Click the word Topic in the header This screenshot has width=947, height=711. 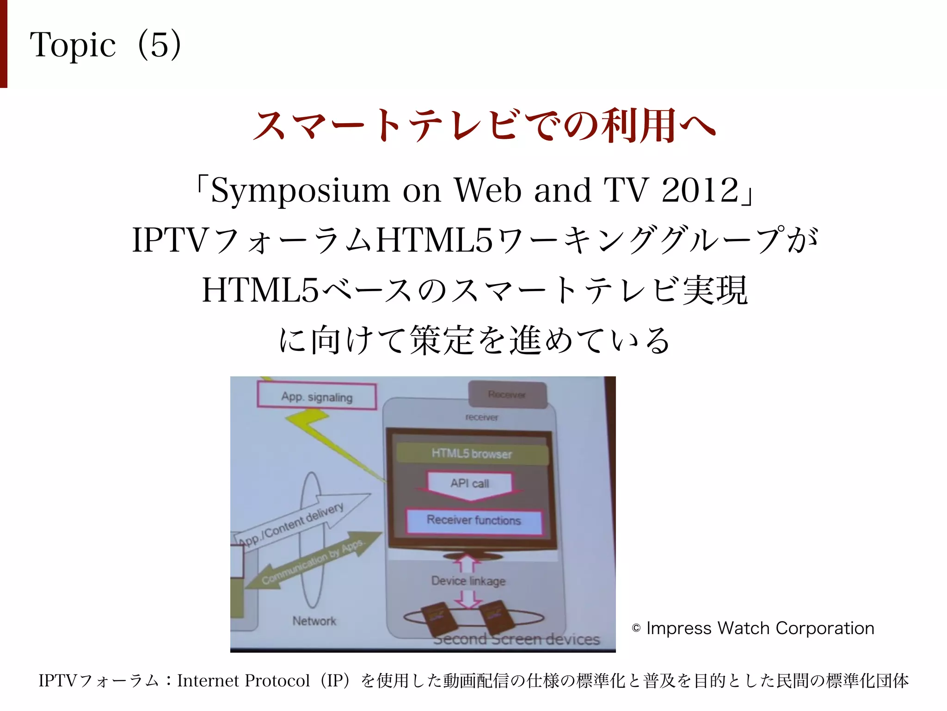point(73,45)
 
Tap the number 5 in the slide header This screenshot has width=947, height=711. point(159,45)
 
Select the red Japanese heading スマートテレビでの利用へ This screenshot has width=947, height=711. point(484,125)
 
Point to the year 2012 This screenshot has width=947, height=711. point(700,190)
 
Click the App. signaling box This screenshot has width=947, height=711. point(317,397)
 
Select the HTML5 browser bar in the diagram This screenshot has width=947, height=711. point(472,454)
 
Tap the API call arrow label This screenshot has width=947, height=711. point(470,484)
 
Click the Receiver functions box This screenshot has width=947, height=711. point(474,520)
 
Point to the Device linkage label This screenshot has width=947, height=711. point(468,581)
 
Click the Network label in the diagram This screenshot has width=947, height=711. point(314,621)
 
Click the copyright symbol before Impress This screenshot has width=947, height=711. point(636,629)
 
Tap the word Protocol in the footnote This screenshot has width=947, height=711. point(277,680)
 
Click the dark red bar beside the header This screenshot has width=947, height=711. point(4,44)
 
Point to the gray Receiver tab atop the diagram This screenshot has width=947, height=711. point(507,394)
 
